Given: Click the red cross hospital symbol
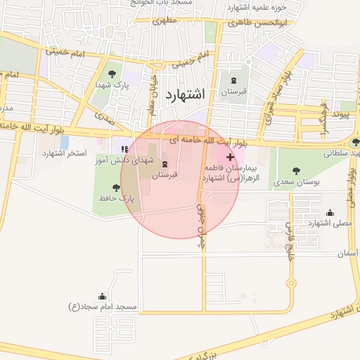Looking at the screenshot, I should coord(230,157).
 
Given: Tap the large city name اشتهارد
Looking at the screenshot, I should coord(185,94).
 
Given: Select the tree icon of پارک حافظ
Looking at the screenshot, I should coord(116,188).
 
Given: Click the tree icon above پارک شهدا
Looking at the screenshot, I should coord(110,72).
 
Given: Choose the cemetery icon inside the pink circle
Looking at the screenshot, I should coord(165,164).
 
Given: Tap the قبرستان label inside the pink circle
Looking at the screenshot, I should coord(166,174).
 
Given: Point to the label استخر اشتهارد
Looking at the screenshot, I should coord(64,153).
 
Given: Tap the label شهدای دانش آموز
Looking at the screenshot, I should coord(124,161).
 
